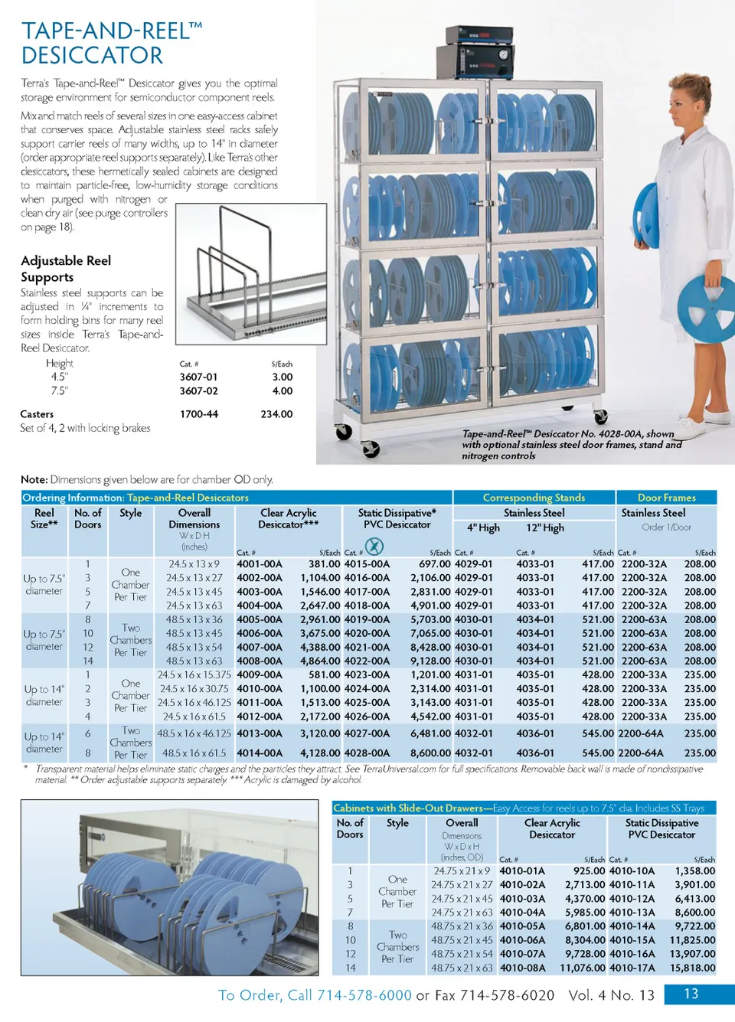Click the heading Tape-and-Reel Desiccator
click(x=112, y=43)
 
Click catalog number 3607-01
click(x=198, y=377)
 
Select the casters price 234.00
click(x=276, y=414)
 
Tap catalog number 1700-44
click(x=199, y=414)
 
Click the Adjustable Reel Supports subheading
click(x=66, y=269)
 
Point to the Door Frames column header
click(x=666, y=498)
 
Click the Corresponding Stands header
click(x=534, y=498)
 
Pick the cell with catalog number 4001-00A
click(x=260, y=564)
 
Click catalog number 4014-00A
click(x=260, y=753)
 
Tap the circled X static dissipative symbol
click(x=374, y=546)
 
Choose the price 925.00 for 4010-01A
click(x=589, y=871)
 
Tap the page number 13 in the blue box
click(x=691, y=994)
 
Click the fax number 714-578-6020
click(x=507, y=995)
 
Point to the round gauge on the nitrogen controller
click(x=504, y=55)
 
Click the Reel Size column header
click(x=44, y=518)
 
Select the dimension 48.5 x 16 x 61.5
click(x=195, y=753)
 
